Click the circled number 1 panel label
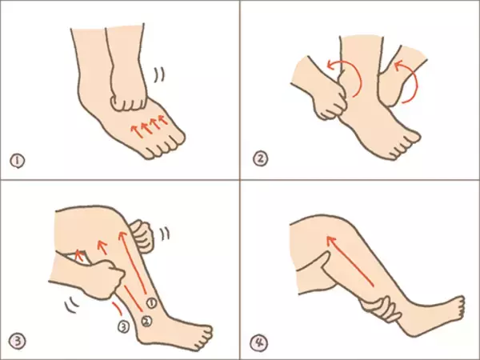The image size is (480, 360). [17, 161]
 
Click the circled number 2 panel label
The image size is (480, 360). [260, 159]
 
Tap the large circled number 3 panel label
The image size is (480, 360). [17, 341]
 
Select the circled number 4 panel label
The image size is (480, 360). [259, 343]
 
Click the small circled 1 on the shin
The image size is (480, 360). [151, 303]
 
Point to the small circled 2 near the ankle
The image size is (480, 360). [146, 321]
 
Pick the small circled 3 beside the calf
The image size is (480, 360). [124, 327]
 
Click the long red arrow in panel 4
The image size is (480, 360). [350, 261]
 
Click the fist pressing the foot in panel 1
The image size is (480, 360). [129, 99]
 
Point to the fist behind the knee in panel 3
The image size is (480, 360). [142, 236]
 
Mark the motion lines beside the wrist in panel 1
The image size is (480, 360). [159, 74]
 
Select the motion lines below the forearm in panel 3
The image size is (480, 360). [72, 305]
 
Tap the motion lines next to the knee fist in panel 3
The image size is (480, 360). [165, 234]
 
